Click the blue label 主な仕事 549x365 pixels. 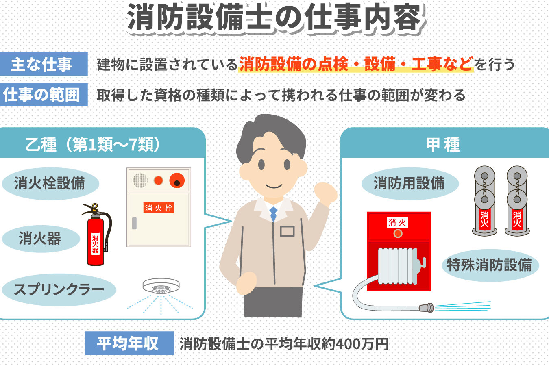coord(44,64)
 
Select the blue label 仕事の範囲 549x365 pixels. coord(44,95)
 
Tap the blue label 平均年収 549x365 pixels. coord(129,343)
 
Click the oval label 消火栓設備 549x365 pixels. coord(50,183)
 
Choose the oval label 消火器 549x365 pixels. coord(41,238)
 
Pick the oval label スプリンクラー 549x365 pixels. coord(59,290)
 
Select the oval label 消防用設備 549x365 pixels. coord(410,183)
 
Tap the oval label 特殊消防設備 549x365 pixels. coord(490,265)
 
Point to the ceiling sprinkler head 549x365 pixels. coord(161,286)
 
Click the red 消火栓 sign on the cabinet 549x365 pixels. coord(159,208)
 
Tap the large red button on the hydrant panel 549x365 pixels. coord(177,180)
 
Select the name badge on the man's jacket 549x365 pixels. coord(287,231)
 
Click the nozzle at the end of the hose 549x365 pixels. coord(426,308)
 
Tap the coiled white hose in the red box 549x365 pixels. coord(398,266)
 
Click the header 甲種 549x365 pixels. coord(443,145)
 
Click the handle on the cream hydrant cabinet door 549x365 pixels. coord(134,223)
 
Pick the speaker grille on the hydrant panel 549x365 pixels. coord(140,180)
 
